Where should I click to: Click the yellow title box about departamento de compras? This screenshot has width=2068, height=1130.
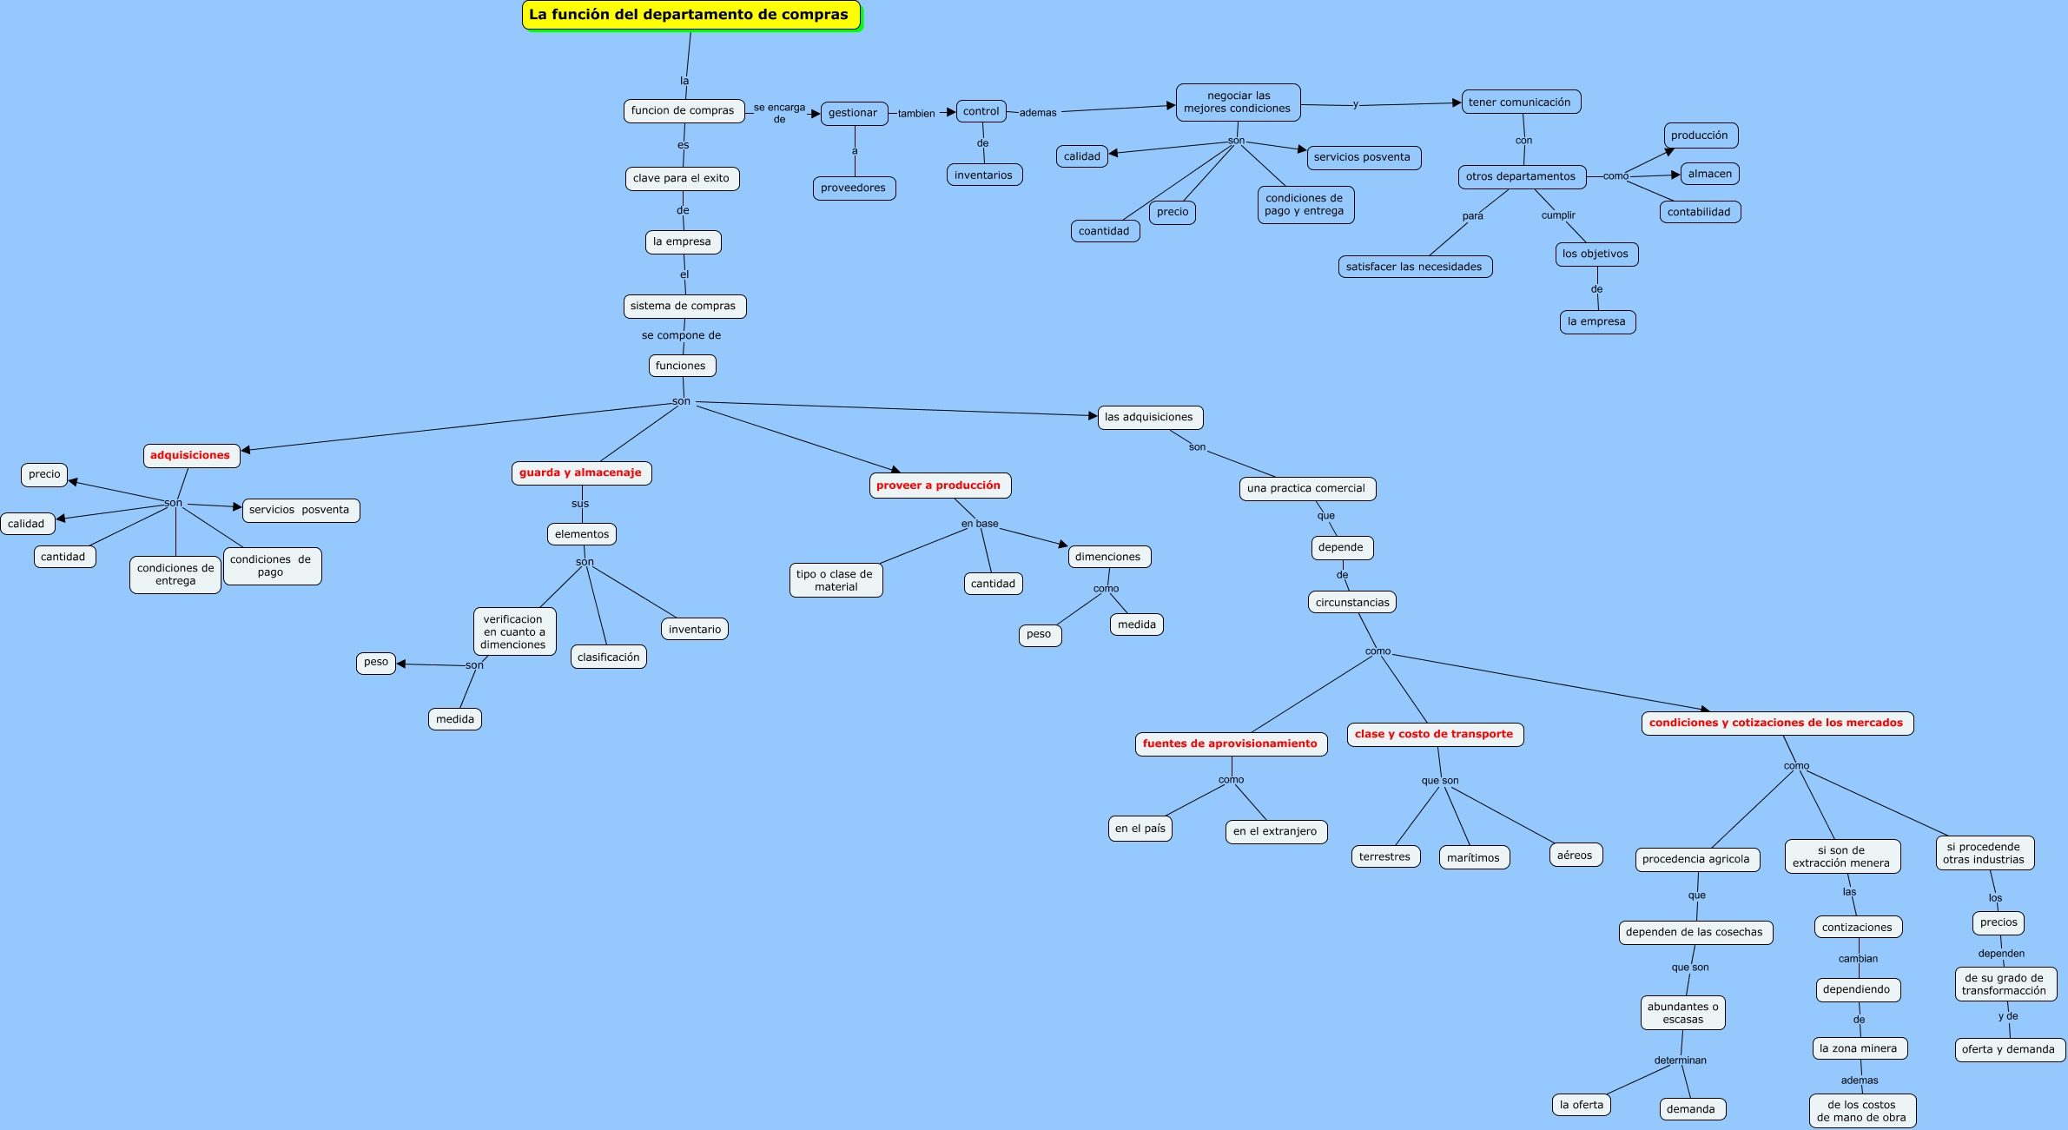pos(690,15)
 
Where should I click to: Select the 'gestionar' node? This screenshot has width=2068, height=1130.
pos(854,113)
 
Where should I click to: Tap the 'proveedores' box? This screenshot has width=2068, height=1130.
pos(854,188)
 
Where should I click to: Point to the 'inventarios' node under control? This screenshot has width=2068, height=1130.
pos(984,175)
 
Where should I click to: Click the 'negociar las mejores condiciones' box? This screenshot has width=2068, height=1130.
pos(1238,102)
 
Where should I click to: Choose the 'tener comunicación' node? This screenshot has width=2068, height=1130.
pos(1520,102)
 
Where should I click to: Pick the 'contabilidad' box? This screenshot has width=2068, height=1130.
pos(1700,212)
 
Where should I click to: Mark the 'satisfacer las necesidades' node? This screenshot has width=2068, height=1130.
pos(1415,267)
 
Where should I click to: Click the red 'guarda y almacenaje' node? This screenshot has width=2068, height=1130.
pos(581,472)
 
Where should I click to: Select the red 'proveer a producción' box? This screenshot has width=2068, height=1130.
pos(939,486)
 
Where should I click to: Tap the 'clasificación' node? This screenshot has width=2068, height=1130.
pos(609,658)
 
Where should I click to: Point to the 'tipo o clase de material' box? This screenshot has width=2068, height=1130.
pos(836,580)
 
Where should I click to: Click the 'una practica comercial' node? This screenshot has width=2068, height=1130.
pos(1306,488)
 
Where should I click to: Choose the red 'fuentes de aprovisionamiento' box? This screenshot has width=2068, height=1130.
pos(1231,743)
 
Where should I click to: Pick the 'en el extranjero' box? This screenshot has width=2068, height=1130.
pos(1275,831)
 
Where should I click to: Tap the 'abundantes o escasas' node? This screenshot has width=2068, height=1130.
pos(1683,1013)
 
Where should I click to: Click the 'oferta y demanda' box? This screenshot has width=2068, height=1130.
pos(2009,1049)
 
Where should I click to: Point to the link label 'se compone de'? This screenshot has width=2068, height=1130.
pos(682,335)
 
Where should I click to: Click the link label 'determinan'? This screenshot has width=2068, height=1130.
pos(1681,1061)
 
